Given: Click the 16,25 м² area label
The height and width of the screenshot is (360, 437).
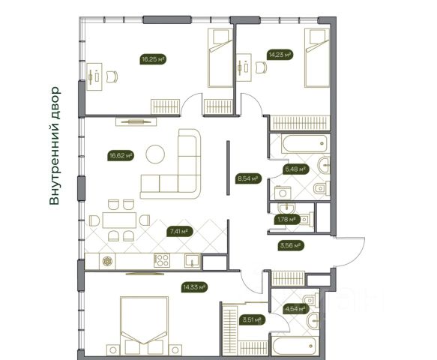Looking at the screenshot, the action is (x=153, y=59).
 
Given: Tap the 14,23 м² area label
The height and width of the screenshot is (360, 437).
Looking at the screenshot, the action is (x=280, y=55).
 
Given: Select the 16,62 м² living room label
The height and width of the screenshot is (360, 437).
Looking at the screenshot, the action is (x=121, y=155).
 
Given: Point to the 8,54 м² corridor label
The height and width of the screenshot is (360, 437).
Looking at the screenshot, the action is (x=248, y=178).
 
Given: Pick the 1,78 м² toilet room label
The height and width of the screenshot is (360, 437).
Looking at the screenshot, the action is (x=286, y=220).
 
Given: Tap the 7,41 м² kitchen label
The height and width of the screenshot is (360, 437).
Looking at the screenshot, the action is (x=180, y=232).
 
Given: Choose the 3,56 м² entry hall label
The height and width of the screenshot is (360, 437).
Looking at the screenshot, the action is (x=291, y=246).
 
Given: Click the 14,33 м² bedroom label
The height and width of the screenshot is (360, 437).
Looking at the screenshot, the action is (x=195, y=287).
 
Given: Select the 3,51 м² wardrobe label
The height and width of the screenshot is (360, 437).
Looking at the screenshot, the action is (x=252, y=319).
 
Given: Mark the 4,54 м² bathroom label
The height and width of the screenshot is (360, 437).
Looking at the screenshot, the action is (x=295, y=309).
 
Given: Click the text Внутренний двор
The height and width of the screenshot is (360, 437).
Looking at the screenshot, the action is (x=55, y=145).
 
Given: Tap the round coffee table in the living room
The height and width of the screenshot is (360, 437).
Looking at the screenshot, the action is (x=155, y=154).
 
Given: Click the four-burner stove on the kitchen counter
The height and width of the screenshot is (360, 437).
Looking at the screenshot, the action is (x=161, y=261).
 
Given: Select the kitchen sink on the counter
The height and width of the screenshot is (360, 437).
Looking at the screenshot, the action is (x=193, y=261).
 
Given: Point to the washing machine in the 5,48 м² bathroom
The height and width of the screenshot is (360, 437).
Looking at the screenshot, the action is (x=283, y=193).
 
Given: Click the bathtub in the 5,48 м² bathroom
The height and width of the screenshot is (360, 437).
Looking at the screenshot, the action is (x=305, y=144).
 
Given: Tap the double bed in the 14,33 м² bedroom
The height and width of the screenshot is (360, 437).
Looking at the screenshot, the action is (x=144, y=326).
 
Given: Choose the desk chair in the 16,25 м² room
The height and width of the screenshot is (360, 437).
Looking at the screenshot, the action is (x=112, y=76).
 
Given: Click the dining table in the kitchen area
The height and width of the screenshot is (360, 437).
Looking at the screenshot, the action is (x=119, y=220).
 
